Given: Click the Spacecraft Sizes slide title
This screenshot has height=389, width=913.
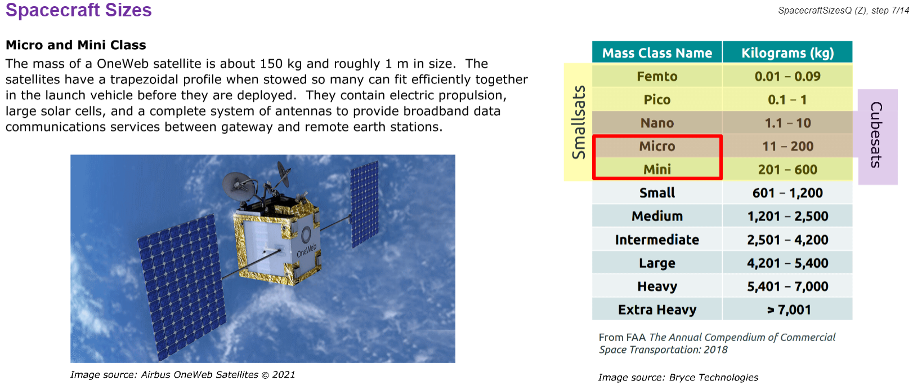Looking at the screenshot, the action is point(79,10).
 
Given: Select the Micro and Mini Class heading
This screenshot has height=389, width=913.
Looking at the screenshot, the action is point(76,45).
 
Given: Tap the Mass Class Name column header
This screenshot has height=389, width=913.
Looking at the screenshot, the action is point(657,52).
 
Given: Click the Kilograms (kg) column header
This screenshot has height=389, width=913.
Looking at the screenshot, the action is point(787,52).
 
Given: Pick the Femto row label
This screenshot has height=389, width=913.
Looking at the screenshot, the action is point(657,76).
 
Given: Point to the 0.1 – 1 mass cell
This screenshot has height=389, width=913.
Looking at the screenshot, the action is point(787,100).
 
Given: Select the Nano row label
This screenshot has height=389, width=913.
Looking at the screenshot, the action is point(657,123).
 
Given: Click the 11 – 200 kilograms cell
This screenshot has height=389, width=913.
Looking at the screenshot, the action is point(787,146).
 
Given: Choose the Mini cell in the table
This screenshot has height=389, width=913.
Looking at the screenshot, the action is point(657,169).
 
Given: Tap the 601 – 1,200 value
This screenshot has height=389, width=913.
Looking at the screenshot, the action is point(787,193).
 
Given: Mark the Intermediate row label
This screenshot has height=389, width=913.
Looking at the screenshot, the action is point(657,240).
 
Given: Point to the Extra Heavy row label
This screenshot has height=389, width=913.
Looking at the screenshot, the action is point(657,310).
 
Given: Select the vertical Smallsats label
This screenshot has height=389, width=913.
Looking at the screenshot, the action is point(579,122).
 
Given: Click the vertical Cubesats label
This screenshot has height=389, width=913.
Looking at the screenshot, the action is point(877,135).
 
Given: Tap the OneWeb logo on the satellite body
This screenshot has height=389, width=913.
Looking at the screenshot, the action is point(307,244).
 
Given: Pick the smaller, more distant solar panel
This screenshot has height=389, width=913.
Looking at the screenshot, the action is point(365,204).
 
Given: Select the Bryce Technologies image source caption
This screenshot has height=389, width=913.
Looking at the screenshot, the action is point(678,377).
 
